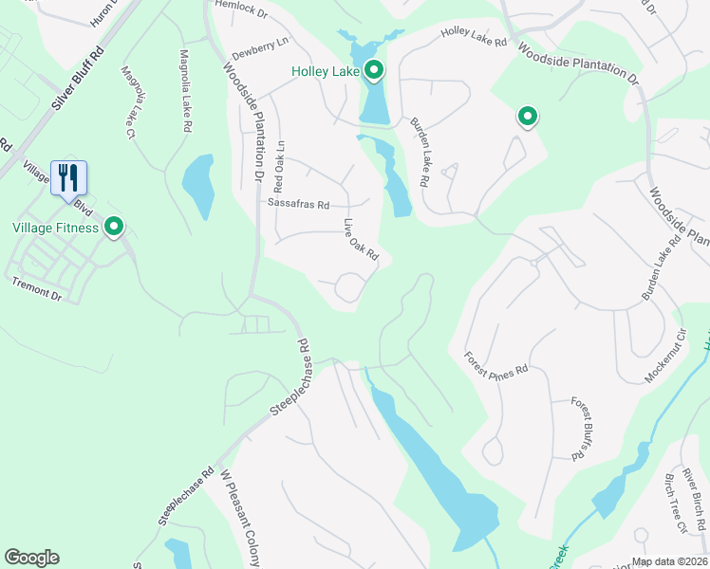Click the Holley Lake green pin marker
[374, 69]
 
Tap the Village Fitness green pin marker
[115, 227]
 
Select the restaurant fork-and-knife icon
[68, 175]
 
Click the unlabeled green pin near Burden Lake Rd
[527, 117]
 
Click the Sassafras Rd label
[298, 204]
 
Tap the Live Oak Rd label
[361, 241]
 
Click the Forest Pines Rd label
[495, 361]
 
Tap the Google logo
[32, 558]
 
